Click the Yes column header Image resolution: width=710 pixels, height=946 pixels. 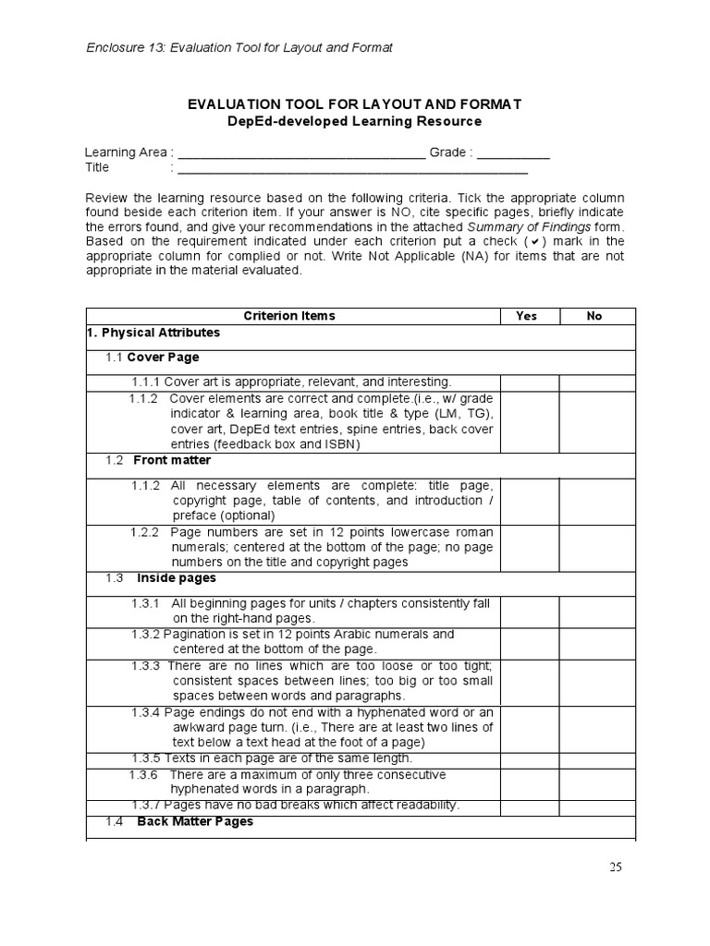(x=526, y=316)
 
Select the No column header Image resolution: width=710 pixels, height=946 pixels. (x=594, y=316)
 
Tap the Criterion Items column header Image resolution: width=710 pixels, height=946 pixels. (x=289, y=316)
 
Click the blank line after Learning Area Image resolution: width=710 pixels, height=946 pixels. (x=300, y=153)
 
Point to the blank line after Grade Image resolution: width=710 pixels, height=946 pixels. (x=514, y=153)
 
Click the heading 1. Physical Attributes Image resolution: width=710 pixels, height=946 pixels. (x=153, y=332)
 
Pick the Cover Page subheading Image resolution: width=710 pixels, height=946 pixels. (x=163, y=357)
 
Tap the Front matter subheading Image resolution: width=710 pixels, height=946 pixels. (x=172, y=460)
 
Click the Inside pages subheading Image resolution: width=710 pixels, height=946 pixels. (x=177, y=578)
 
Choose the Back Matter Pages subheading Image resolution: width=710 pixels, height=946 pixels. (x=195, y=821)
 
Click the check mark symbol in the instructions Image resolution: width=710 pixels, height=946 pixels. (x=535, y=242)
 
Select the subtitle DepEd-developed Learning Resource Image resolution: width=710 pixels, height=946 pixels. (x=354, y=122)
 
